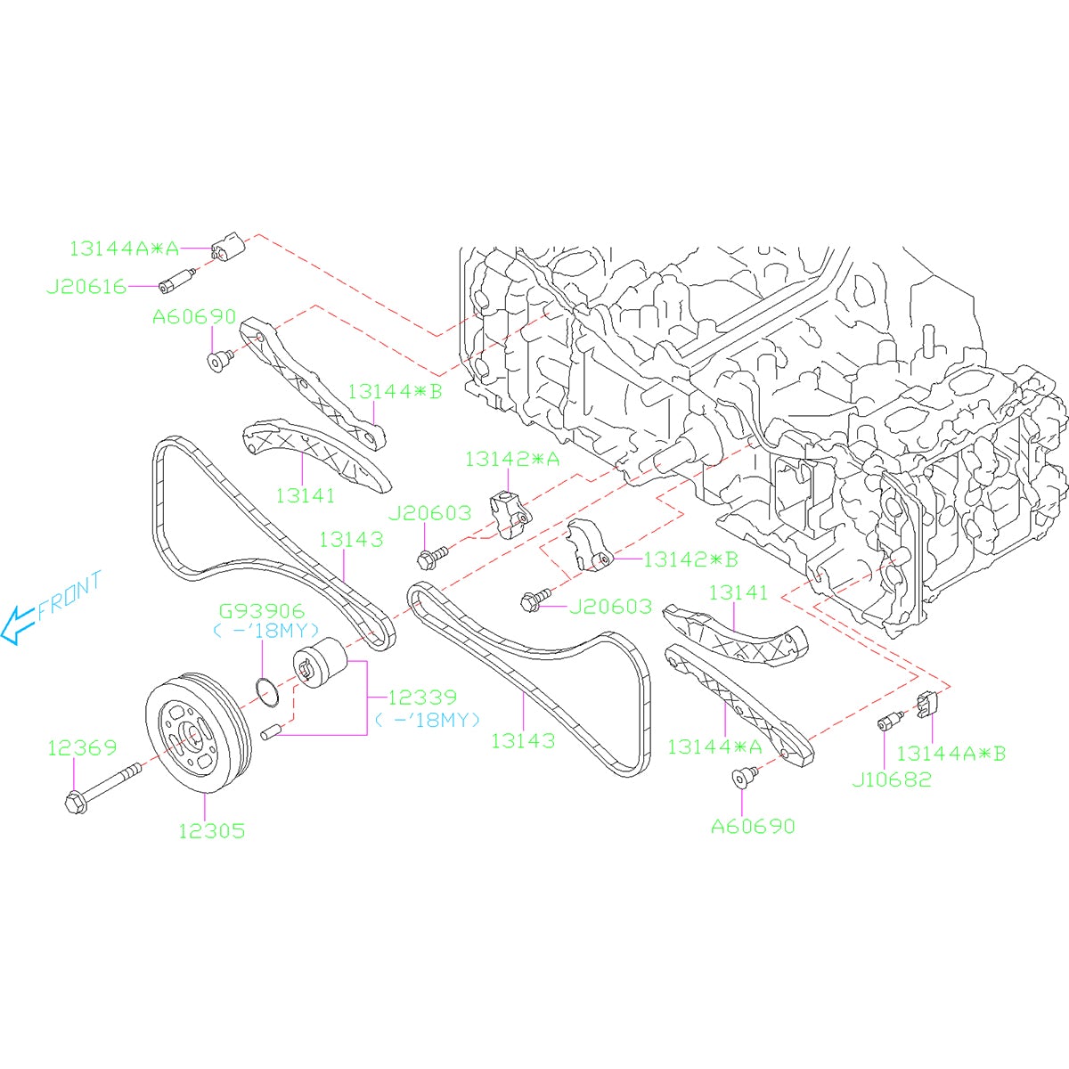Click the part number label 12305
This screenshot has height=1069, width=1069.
tap(211, 830)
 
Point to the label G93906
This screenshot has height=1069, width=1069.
tap(262, 611)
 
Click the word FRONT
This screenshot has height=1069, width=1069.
tap(69, 596)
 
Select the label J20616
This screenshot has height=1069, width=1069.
tap(86, 287)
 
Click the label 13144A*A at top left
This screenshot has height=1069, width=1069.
tap(124, 248)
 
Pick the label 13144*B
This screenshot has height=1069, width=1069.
tap(394, 390)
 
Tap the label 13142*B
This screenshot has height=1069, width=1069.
tap(690, 559)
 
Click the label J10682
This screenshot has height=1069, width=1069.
tap(891, 779)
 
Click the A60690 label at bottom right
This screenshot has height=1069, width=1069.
tap(752, 826)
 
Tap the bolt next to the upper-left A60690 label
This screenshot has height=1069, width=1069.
tap(216, 360)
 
